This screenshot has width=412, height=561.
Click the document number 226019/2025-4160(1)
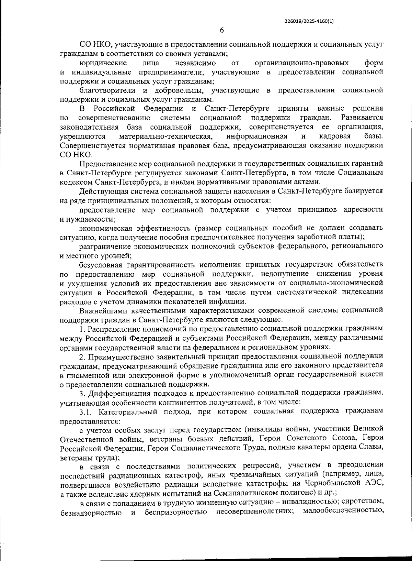(309, 21)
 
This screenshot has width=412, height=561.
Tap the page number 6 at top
(222, 30)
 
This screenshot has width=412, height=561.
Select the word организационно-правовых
(302, 63)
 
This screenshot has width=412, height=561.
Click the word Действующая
(100, 191)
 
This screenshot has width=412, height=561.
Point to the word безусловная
(101, 264)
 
